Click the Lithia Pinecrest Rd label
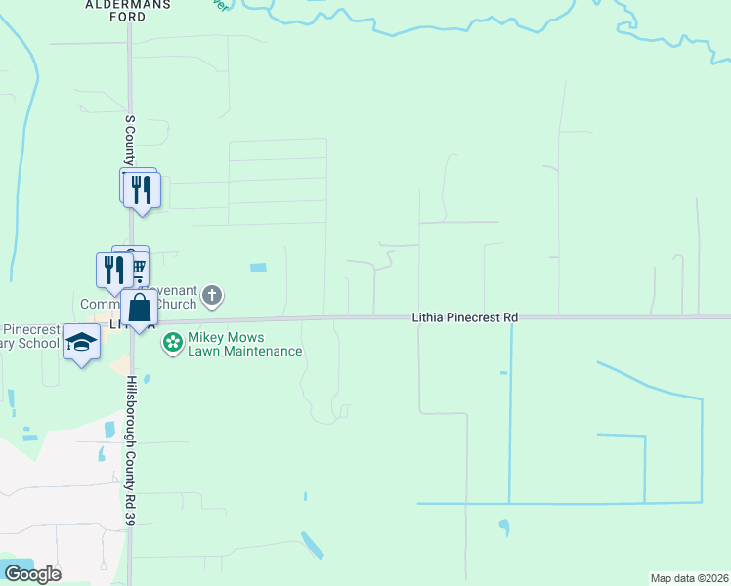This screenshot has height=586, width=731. (x=464, y=317)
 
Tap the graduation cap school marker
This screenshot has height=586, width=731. (x=82, y=342)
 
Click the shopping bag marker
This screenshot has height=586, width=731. (x=140, y=308)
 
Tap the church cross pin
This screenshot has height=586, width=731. (x=214, y=295)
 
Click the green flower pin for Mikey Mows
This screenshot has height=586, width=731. (x=173, y=342)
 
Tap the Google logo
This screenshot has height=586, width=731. (x=32, y=574)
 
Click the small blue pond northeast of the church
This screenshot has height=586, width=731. (x=258, y=268)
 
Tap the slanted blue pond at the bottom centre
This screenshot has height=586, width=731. (x=313, y=546)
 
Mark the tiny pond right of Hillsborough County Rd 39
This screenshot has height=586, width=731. (x=146, y=379)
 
